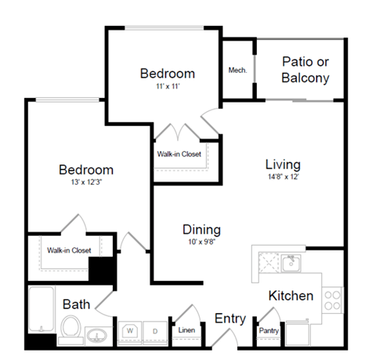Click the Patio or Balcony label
pos(305,70)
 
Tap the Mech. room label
pos(237,70)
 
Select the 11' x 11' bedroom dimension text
pos(167,87)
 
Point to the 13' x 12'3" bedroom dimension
pos(86,182)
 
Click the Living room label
pos(283,164)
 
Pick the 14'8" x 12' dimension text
pos(283,177)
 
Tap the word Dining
pos(201,230)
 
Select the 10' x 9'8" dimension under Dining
pos(201,243)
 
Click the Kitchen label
pos(291,296)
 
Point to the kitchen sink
pos(291,261)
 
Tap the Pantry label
pos(269,331)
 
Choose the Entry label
pos(230,319)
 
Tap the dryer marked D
pos(155,331)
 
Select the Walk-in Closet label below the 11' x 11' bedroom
pos(179,154)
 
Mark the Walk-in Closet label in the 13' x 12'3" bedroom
pos(68,250)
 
